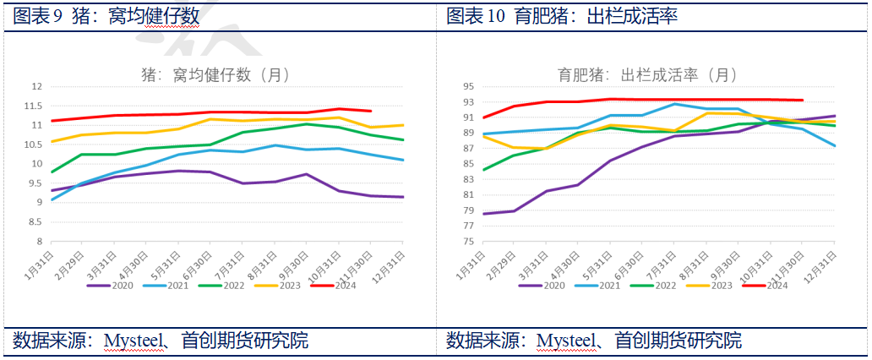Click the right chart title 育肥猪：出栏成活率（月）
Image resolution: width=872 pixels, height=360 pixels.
[x=647, y=74]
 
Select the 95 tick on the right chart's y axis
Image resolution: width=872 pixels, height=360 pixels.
[x=469, y=86]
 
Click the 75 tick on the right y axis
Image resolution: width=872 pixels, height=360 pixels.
[x=469, y=241]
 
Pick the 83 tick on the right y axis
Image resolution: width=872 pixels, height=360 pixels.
[x=469, y=179]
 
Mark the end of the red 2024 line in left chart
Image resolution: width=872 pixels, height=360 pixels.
[x=371, y=111]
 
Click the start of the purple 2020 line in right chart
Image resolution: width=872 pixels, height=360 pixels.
[x=483, y=214]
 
